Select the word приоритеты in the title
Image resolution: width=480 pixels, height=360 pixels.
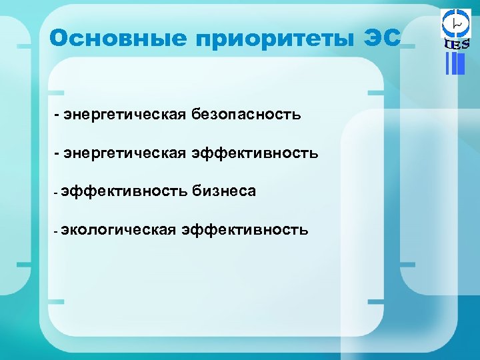pos(273,39)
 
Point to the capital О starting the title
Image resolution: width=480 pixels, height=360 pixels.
pos(58,38)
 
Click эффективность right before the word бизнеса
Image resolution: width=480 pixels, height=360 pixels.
pos(124,192)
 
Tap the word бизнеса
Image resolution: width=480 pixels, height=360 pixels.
pos(224,192)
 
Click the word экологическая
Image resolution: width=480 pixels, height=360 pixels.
pos(118,231)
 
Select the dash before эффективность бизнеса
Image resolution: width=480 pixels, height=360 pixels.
pos(57,193)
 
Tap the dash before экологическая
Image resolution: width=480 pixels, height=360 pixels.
pos(57,231)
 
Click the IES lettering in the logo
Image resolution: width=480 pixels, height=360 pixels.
pos(456,44)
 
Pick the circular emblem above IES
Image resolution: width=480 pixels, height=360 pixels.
pos(456,24)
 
